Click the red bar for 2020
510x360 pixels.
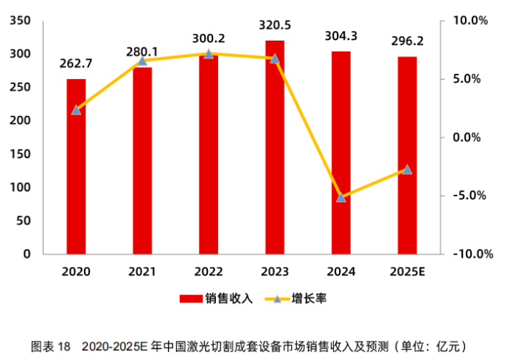(x=76, y=167)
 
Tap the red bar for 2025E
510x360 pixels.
(x=408, y=156)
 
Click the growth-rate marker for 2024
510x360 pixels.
(x=341, y=198)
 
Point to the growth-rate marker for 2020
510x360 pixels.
(x=76, y=110)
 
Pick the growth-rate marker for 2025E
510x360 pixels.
(x=408, y=170)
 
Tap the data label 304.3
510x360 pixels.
(x=341, y=35)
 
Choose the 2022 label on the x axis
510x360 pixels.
(x=209, y=271)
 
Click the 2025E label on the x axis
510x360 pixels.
(x=408, y=271)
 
